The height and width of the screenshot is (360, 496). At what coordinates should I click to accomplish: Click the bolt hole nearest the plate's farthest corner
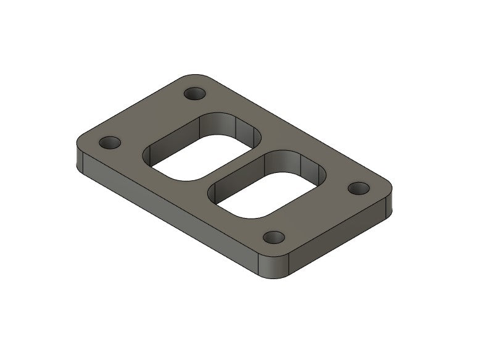[x=196, y=94]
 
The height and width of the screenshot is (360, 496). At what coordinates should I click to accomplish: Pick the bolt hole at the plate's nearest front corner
[x=273, y=237]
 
